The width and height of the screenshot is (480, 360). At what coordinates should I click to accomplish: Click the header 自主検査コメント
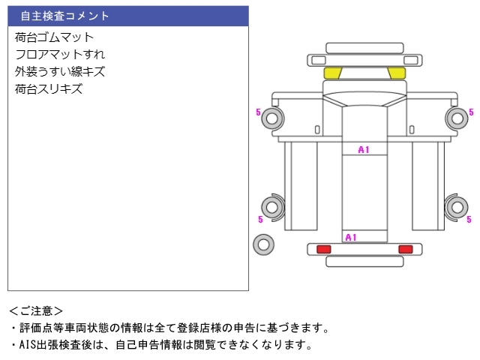point(64,16)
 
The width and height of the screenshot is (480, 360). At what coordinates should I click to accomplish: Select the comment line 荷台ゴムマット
point(54,37)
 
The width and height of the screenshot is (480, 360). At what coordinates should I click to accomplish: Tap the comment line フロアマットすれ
point(60,55)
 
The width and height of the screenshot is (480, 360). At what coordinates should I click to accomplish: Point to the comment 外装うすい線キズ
point(60,72)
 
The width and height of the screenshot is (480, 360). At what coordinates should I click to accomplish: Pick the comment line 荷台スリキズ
point(49,88)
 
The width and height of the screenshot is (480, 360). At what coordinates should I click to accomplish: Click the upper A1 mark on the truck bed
point(364,150)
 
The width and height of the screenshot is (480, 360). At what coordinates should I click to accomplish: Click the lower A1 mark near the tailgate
point(351,237)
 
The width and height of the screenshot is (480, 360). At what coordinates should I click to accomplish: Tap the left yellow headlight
point(333,73)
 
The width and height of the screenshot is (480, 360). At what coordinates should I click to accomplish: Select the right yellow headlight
point(397,73)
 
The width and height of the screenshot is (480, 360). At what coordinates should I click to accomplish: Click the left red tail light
point(323,249)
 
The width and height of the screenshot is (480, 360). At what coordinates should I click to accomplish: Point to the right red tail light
point(406,249)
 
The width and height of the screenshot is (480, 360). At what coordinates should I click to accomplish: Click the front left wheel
point(272,118)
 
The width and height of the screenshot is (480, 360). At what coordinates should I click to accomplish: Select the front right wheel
point(457,118)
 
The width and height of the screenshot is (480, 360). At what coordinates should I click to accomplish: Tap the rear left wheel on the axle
point(272,207)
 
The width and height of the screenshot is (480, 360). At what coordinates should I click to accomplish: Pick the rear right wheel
point(457,207)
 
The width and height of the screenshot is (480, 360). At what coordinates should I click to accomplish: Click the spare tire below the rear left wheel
point(263,244)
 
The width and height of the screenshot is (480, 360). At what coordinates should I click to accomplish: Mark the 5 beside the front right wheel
point(471,112)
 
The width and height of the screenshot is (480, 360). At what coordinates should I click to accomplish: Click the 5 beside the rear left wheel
point(260,219)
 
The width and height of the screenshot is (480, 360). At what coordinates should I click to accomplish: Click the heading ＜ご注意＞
point(36,311)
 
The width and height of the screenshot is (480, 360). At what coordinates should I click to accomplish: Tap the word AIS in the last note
point(28,345)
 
